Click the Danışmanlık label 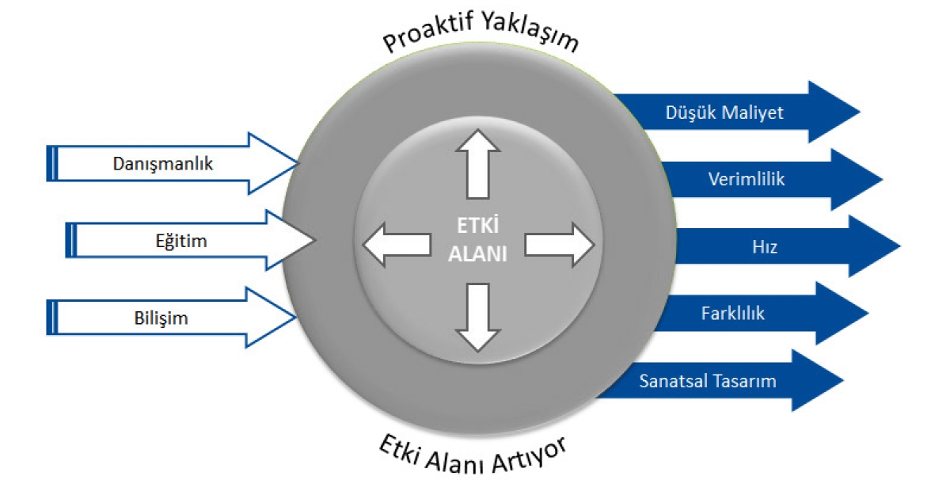pos(163,164)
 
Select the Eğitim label pos(181,242)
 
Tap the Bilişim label pos(161,318)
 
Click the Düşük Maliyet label pos(724,112)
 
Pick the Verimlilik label pos(747,179)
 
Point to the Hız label pos(765,247)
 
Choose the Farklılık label pos(733,314)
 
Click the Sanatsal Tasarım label pos(708,381)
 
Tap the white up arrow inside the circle pos(478,164)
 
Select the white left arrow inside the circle pos(397,245)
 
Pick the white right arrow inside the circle pos(560,245)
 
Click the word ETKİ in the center pos(477,225)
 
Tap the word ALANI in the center pos(477,254)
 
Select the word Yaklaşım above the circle pos(531,31)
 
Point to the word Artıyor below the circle pos(530,456)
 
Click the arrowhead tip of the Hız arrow pos(900,246)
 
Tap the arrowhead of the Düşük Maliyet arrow pos(834,112)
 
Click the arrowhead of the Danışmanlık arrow pos(274,163)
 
